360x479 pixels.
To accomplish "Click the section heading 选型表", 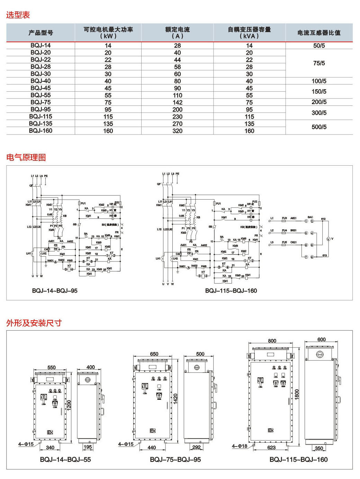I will tap(18, 15).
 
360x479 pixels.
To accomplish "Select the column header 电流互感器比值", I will tap(319, 33).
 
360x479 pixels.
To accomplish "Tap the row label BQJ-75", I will tap(40, 102).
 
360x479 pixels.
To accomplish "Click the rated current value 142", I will tap(177, 102).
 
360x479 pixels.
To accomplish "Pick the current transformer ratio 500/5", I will tap(319, 127).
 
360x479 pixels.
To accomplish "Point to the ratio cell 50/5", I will tap(319, 46).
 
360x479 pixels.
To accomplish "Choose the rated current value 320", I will tap(177, 131).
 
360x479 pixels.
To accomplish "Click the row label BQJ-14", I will tap(40, 45).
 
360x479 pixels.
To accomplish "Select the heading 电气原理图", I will tap(26, 157).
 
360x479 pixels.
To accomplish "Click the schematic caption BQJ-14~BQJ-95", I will tap(55, 291).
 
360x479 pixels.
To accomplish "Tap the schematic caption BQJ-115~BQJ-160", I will tap(231, 291).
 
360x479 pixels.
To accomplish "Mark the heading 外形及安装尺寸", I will tap(34, 323).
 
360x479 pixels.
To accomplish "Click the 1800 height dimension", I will tap(297, 395).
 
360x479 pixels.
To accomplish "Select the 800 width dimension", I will tap(272, 341).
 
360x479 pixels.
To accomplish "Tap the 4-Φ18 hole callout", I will tap(240, 446).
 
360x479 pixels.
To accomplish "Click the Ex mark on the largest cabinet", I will tap(271, 430).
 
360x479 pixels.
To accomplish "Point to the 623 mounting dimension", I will tap(271, 448).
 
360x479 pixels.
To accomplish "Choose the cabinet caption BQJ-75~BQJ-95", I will tap(175, 460).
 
